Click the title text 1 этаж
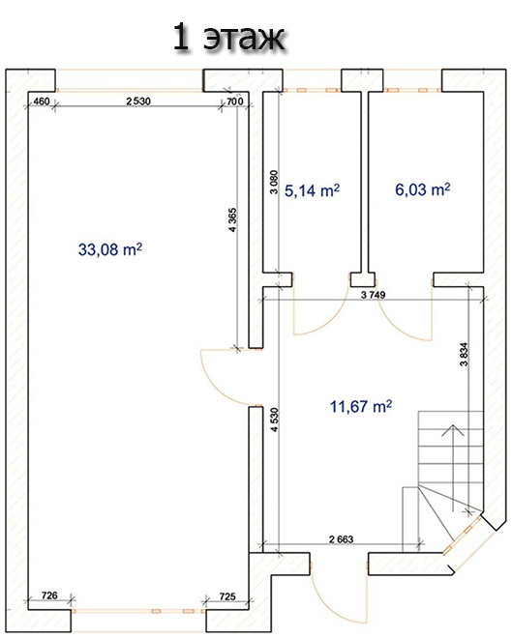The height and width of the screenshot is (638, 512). point(228,39)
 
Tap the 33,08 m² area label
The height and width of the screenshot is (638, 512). point(110,249)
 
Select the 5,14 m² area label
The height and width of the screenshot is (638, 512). point(312,190)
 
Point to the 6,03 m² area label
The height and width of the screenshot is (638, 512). point(423,189)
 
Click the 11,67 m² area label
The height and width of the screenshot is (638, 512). point(361,406)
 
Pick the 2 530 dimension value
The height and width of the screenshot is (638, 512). point(138,101)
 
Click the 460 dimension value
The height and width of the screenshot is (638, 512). point(42,101)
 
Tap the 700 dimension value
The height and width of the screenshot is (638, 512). point(235,101)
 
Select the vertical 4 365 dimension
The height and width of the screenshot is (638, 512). point(232,219)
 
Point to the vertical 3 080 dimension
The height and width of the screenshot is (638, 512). point(274,182)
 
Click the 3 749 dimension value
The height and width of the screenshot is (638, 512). point(373,295)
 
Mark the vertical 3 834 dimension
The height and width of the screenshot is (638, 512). point(465,354)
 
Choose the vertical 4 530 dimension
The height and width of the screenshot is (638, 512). point(275,420)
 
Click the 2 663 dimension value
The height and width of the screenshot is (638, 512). point(341,539)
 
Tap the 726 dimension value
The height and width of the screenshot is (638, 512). point(49,595)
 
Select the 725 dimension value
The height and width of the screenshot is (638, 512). point(227,596)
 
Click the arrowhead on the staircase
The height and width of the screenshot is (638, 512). point(453,429)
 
